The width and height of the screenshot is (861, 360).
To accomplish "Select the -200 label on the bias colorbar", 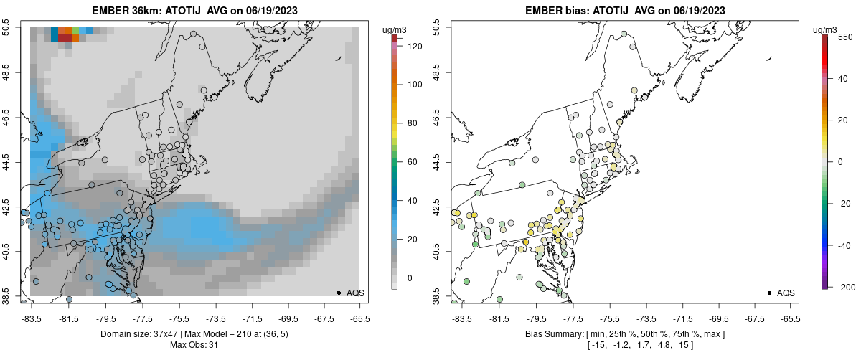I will tap(845, 287).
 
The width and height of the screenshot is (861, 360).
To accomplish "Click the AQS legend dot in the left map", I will tap(339, 293).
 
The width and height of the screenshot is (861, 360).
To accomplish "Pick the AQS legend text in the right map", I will tap(786, 293).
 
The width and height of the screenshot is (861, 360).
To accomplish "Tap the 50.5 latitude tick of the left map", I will tap(7, 27).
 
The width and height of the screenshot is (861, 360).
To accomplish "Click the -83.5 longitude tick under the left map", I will tap(32, 318).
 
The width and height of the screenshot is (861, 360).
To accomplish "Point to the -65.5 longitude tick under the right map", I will tap(790, 318).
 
